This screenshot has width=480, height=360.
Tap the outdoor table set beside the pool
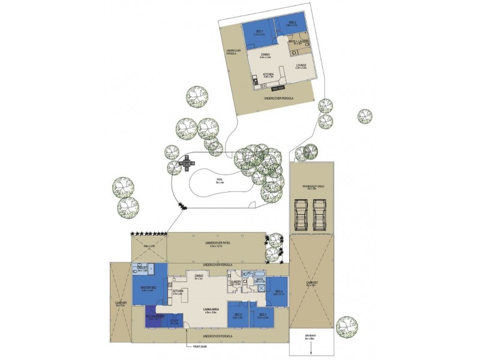pyautogui.click(x=187, y=161)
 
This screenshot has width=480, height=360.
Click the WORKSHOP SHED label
pyautogui.click(x=311, y=187)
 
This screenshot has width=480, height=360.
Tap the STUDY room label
pyautogui.click(x=173, y=322)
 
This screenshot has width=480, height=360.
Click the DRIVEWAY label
pyautogui.click(x=310, y=340)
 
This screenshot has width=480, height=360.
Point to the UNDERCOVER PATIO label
pyautogui.click(x=214, y=244)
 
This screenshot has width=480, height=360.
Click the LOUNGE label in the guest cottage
pyautogui.click(x=301, y=66)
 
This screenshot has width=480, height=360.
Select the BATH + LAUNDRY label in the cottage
pyautogui.click(x=299, y=41)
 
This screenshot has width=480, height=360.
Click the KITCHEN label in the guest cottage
pyautogui.click(x=268, y=76)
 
